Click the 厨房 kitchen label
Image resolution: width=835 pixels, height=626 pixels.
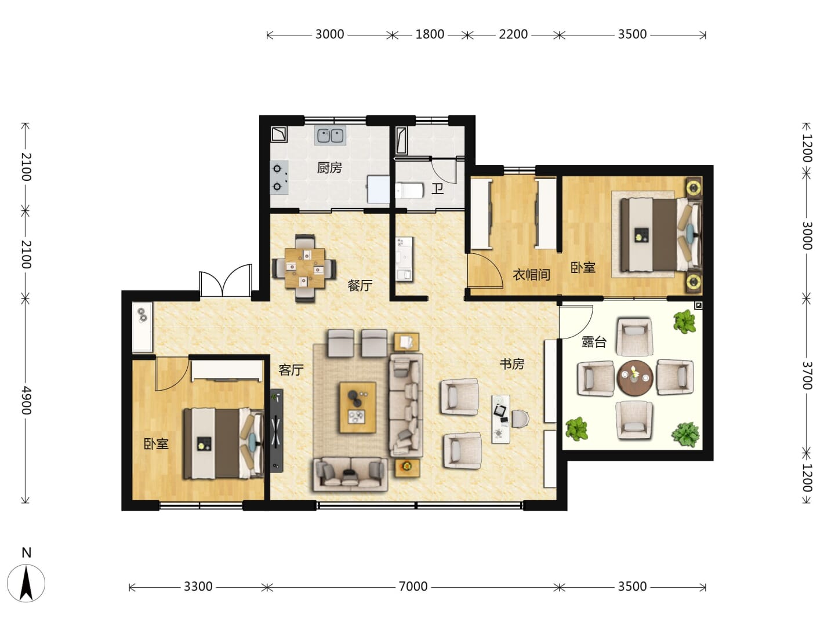click(329, 168)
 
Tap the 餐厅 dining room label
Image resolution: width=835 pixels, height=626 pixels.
click(360, 285)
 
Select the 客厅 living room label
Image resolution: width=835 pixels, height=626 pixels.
click(291, 369)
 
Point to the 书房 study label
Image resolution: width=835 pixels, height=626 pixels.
click(511, 364)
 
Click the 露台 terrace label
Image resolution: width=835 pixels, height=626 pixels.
click(594, 342)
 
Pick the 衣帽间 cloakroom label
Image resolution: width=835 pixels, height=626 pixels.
click(531, 274)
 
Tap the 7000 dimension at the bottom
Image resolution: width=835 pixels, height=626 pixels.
click(413, 587)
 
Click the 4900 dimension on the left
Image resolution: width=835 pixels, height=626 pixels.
click(26, 400)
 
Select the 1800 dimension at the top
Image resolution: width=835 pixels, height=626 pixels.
click(430, 34)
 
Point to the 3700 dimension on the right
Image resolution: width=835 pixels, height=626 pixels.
click(807, 375)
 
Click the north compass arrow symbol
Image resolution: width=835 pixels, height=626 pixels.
click(26, 583)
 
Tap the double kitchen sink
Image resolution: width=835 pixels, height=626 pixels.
click(330, 136)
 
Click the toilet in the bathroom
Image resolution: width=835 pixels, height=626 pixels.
click(409, 191)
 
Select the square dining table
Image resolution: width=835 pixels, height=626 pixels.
click(305, 268)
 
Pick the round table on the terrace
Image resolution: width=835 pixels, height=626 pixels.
click(635, 378)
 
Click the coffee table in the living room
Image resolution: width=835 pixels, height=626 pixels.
click(358, 407)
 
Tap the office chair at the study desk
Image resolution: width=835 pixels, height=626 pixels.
click(520, 419)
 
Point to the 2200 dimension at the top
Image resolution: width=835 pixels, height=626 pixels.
click(513, 34)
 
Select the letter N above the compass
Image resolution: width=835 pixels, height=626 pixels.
click(26, 552)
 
